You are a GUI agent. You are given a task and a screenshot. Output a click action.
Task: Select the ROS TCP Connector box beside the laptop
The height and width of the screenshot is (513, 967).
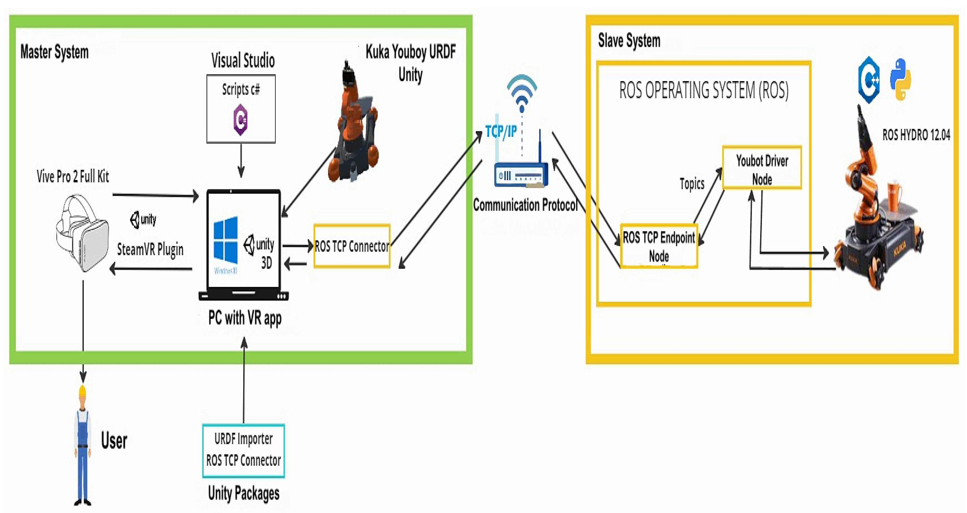point(352,246)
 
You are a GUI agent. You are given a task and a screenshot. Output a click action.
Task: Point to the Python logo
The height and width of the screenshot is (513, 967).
point(901,80)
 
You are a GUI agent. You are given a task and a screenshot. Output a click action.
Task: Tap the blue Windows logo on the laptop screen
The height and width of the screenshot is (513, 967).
point(225,240)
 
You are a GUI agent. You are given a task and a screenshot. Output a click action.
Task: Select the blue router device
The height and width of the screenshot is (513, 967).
point(521,174)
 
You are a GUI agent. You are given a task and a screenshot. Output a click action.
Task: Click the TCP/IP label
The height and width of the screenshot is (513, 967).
point(501,131)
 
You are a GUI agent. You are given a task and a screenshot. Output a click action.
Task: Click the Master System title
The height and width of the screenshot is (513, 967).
point(54,52)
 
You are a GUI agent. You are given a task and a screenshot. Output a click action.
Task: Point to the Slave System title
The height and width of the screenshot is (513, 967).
point(629,40)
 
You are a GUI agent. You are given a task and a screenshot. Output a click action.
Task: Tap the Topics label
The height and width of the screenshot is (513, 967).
point(692,184)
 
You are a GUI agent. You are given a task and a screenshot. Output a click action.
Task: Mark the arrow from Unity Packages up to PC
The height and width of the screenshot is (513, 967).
point(244,379)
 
